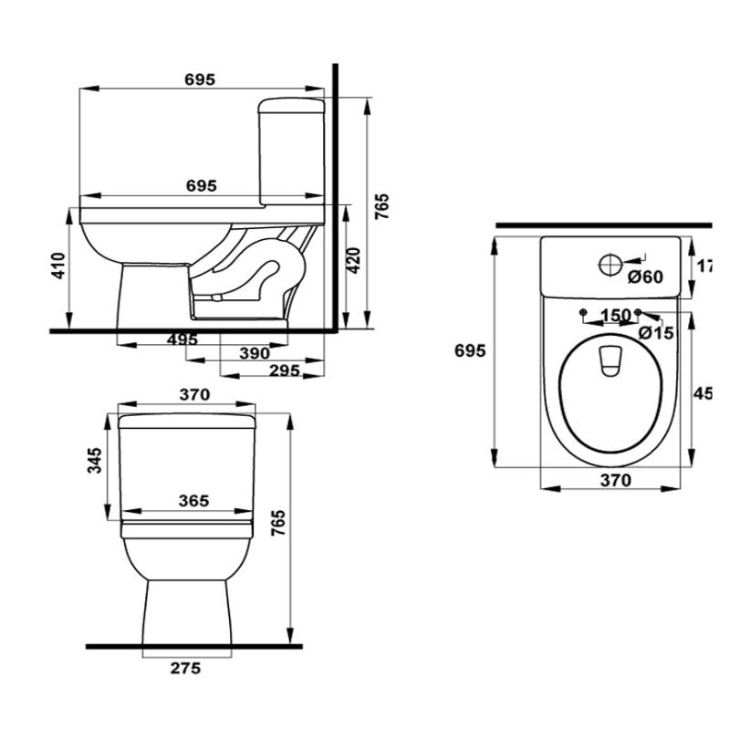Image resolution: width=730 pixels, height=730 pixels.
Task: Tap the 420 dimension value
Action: point(355,262)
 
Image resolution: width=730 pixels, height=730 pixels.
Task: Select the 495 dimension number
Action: point(182,339)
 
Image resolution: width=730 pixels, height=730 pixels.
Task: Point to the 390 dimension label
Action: point(254,353)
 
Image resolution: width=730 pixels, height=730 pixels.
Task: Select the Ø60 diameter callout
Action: point(645,277)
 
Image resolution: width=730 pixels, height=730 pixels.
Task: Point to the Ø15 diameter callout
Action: point(655,333)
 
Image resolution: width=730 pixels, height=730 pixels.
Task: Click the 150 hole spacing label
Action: point(615,316)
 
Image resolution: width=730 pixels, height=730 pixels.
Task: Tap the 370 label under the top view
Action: point(615,480)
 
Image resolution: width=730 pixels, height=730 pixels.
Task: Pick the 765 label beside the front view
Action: point(278,527)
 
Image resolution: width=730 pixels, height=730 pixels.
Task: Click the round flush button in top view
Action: point(609,266)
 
